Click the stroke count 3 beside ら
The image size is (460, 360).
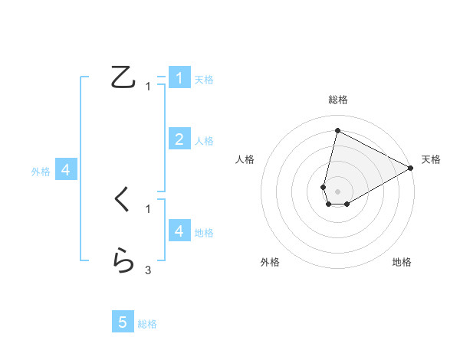click(x=148, y=270)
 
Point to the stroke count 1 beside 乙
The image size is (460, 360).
click(x=148, y=87)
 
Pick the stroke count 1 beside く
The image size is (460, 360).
click(x=148, y=208)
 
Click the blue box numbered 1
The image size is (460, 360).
click(x=179, y=78)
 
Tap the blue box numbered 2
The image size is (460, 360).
click(x=179, y=139)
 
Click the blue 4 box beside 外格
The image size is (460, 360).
click(x=66, y=170)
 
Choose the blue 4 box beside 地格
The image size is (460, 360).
click(x=179, y=231)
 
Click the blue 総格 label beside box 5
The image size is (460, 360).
click(x=147, y=324)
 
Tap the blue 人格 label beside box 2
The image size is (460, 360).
click(x=204, y=141)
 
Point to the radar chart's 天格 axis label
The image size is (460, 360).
click(x=431, y=159)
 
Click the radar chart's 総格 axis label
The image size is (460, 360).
click(x=338, y=100)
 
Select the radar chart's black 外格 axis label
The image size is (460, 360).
click(x=270, y=262)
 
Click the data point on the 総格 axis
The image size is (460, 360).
click(x=337, y=131)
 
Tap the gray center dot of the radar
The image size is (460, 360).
click(x=337, y=190)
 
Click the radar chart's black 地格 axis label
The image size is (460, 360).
click(x=402, y=262)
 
